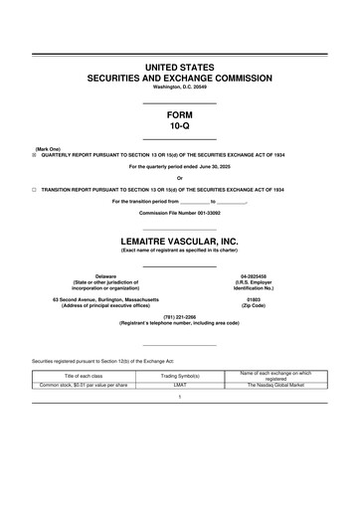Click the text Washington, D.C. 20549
click(x=180, y=85)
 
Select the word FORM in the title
click(x=180, y=115)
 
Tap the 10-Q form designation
click(x=180, y=127)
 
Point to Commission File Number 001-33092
click(x=180, y=213)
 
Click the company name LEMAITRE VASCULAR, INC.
click(x=180, y=242)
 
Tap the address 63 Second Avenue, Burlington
click(x=105, y=298)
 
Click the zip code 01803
click(x=254, y=298)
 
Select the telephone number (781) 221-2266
click(x=180, y=317)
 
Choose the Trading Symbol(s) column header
click(x=180, y=375)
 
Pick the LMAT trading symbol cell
click(x=180, y=384)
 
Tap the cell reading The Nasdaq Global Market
click(x=275, y=384)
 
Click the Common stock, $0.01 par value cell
click(x=84, y=384)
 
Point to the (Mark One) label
click(x=48, y=149)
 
